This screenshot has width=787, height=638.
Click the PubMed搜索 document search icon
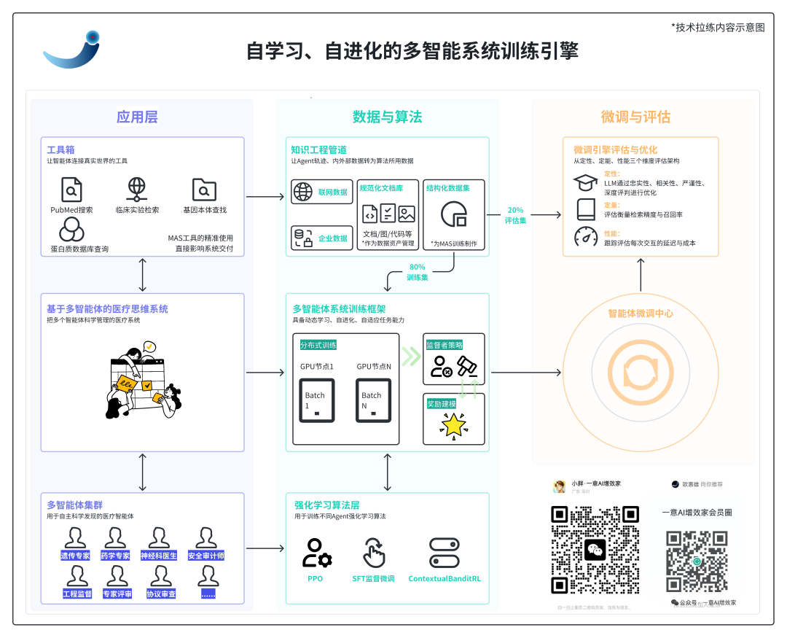(x=71, y=190)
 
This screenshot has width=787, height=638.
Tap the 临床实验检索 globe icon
(x=137, y=190)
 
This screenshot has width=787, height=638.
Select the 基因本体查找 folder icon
(x=204, y=190)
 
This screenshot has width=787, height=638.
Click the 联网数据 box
(x=321, y=192)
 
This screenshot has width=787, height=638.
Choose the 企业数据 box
(x=321, y=238)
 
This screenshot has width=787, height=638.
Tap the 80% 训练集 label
(x=418, y=273)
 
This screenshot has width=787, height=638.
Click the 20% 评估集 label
(x=515, y=214)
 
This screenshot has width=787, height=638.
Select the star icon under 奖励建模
(x=453, y=425)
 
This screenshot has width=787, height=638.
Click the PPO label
(x=315, y=579)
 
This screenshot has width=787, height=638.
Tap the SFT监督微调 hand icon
(x=374, y=553)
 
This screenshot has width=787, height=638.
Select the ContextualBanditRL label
(x=445, y=579)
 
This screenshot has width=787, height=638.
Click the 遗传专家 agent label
(x=75, y=556)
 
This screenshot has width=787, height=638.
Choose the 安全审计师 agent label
(x=205, y=556)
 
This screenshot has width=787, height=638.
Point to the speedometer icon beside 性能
(x=585, y=237)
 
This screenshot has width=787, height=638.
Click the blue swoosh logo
(x=70, y=52)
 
